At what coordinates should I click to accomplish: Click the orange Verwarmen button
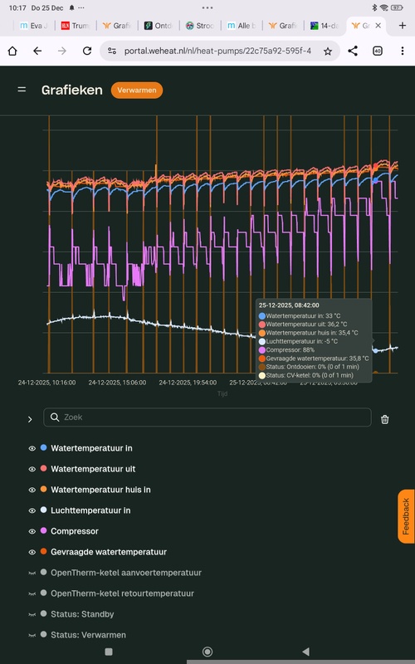click(137, 90)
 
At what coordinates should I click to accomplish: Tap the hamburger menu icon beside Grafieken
click(22, 90)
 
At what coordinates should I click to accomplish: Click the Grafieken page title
click(72, 90)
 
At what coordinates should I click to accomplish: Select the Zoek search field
click(207, 417)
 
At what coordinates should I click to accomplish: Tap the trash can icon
click(385, 419)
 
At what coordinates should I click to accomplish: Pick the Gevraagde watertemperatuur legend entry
click(109, 552)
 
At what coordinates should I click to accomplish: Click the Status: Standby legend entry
click(82, 614)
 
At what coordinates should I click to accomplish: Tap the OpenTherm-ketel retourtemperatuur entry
click(122, 593)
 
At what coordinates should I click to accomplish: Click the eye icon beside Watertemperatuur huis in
click(32, 490)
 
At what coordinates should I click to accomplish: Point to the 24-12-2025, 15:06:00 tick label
click(118, 383)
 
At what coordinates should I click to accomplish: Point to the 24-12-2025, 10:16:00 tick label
click(47, 383)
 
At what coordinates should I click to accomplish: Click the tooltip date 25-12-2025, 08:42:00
click(288, 305)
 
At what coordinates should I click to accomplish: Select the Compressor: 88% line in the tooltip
click(291, 349)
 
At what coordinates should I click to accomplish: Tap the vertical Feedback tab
click(406, 515)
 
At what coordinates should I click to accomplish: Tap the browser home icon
click(13, 51)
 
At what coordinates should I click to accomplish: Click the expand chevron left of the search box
click(30, 419)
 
